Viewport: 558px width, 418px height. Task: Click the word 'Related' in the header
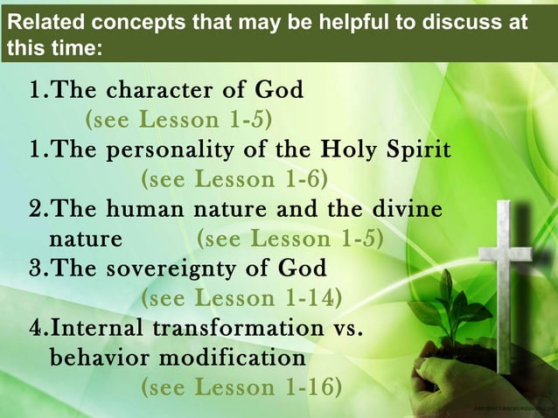(38, 22)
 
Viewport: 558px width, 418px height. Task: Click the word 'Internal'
(98, 328)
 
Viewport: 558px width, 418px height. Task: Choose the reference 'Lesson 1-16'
(266, 387)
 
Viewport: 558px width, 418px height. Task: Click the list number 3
(37, 268)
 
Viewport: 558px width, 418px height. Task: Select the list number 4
(37, 328)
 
